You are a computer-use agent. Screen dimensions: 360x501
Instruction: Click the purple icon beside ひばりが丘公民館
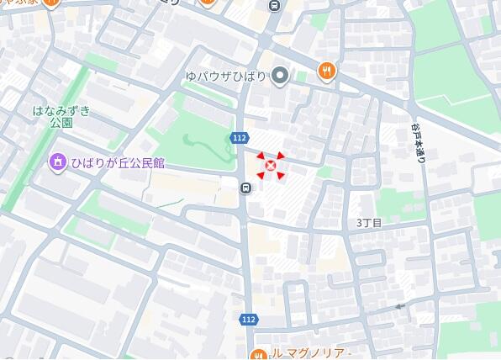(57, 162)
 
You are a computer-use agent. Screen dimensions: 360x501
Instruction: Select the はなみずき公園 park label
(61, 116)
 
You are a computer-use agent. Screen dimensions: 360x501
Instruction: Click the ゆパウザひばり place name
(225, 77)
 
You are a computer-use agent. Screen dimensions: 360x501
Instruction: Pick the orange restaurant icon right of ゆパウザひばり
(326, 71)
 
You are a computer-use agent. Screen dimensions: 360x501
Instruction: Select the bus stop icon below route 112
(245, 188)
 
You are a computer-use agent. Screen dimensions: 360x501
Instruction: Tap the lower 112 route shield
(248, 320)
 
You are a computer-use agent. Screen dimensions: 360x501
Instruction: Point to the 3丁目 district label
(369, 223)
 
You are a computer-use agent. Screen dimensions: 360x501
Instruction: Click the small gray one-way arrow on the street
(400, 306)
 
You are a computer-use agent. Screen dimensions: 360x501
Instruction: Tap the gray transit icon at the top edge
(273, 5)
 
